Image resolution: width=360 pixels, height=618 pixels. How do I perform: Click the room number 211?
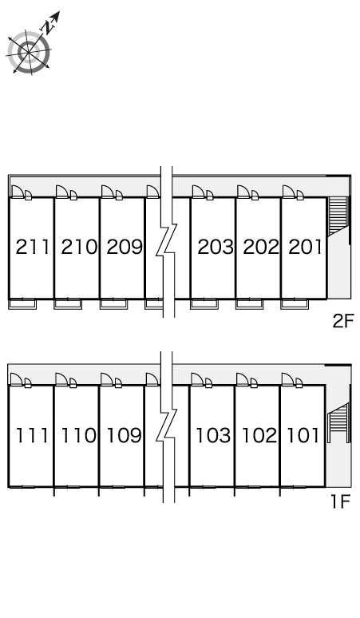coord(33,248)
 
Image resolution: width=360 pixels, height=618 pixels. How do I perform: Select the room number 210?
coord(79,248)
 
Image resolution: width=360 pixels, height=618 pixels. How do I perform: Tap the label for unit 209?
coord(125,248)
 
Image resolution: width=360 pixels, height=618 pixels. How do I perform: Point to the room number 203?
coord(216,248)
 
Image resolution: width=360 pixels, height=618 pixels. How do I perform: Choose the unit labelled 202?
coord(261,248)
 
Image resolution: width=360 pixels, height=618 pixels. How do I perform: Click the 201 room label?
coord(306,248)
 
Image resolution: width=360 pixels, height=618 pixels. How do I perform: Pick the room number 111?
coord(32,435)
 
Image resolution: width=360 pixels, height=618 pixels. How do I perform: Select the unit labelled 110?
coord(78,435)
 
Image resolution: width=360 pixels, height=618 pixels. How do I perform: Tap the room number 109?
coord(124,435)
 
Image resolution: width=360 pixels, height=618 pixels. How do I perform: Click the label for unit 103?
coord(213,435)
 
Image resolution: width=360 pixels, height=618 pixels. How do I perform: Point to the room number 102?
coord(259,435)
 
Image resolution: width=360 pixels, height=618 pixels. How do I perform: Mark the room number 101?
coord(303,435)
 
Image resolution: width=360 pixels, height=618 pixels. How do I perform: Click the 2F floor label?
coord(343,321)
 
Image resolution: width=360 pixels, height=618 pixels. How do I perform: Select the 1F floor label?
coord(340,501)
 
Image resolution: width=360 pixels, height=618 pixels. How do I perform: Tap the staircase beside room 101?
coord(338,422)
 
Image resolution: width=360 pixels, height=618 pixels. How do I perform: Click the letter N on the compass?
coord(49,27)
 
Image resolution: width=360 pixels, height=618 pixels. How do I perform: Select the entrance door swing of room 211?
coord(17,192)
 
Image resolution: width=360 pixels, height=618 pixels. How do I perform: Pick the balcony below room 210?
coord(68,304)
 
